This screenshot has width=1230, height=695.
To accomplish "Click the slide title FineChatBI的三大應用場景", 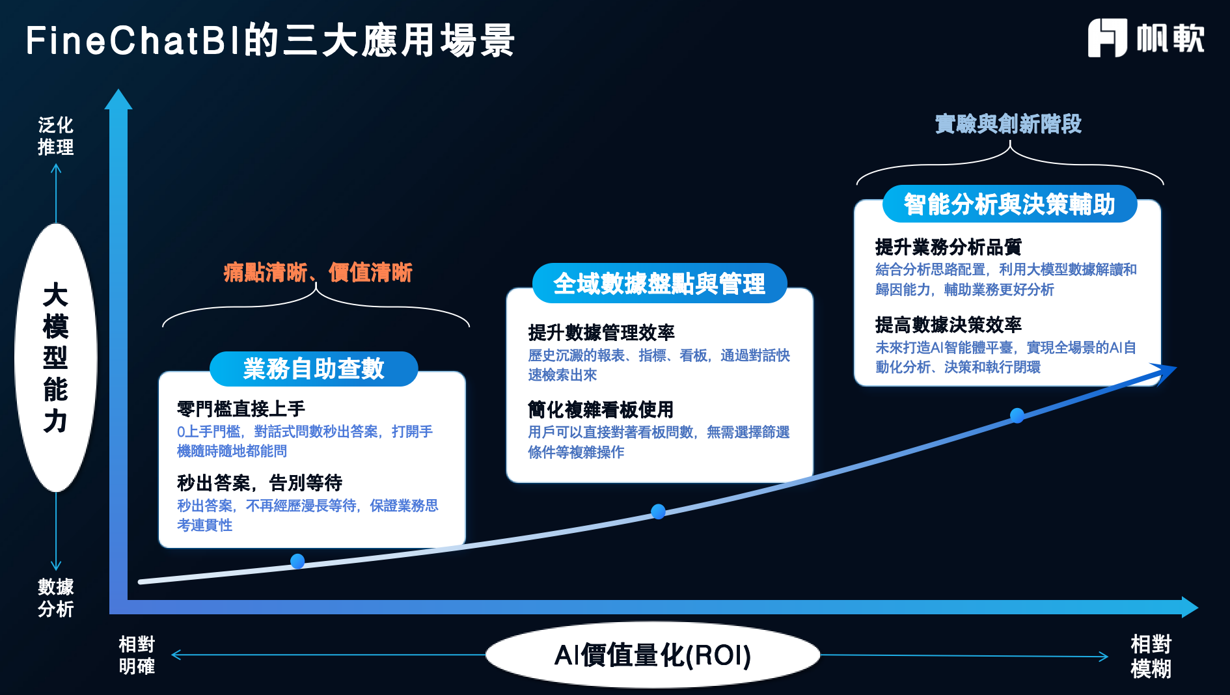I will (x=270, y=40).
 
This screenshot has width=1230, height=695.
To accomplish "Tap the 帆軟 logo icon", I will (x=1106, y=38).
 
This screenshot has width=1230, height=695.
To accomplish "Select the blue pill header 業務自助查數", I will (x=314, y=369).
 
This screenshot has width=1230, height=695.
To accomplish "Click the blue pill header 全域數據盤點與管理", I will (x=659, y=284).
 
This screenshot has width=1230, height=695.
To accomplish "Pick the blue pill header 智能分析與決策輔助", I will (x=1009, y=204).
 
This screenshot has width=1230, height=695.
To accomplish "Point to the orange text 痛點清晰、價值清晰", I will (x=318, y=272).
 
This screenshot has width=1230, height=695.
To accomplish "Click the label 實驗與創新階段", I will (x=1008, y=124).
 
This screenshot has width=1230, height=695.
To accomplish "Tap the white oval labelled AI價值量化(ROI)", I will (x=652, y=655).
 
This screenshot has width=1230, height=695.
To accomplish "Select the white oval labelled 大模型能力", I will (x=56, y=357).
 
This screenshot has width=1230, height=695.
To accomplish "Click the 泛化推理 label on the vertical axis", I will (x=56, y=136).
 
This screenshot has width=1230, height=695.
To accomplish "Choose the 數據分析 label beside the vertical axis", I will (x=56, y=597).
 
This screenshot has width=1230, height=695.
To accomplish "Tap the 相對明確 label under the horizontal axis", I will (x=137, y=655).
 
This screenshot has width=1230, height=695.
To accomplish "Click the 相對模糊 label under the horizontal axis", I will (x=1151, y=656).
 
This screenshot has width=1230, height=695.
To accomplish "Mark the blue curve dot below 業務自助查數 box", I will (x=297, y=561).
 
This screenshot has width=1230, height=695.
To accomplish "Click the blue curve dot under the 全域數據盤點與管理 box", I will (x=658, y=511).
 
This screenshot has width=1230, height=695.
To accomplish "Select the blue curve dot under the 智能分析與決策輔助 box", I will (x=1017, y=415).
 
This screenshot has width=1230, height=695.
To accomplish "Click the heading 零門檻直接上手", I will (x=241, y=409).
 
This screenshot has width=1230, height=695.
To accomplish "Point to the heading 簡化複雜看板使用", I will (x=600, y=409).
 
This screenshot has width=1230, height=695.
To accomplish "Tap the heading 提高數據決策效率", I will (x=948, y=324).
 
